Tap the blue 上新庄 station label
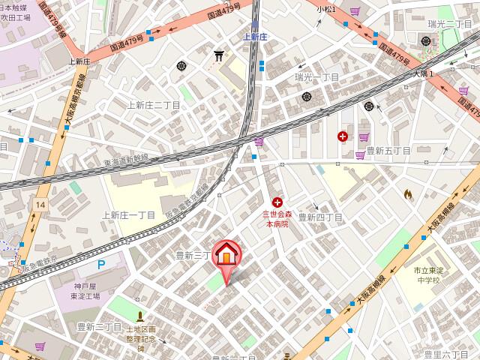[254, 34]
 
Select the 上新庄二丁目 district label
[154, 105]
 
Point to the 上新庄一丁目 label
[127, 214]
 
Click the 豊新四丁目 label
[320, 217]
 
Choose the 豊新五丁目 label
[388, 151]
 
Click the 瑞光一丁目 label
[317, 76]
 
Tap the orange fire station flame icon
[408, 193]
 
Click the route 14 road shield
[40, 204]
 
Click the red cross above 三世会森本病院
[277, 202]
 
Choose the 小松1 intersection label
[325, 9]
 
